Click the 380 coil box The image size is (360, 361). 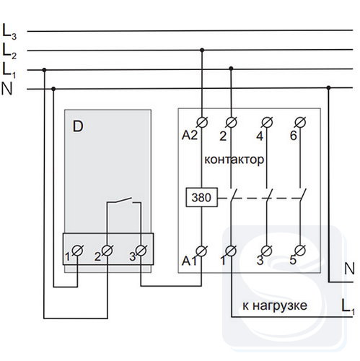tap(202, 197)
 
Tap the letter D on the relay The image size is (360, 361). tap(78, 126)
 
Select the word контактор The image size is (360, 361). tap(234, 160)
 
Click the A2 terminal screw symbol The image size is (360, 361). tap(202, 122)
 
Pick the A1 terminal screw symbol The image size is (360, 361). tap(201, 251)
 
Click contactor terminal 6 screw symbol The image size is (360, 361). tap(300, 122)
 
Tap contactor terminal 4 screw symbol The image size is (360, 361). tap(267, 122)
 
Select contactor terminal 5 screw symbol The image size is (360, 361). tap(300, 251)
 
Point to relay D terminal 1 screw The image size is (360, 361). tap(77, 251)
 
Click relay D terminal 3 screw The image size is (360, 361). tap(141, 251)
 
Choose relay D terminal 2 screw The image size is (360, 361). tap(107, 251)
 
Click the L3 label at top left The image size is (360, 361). tap(9, 32)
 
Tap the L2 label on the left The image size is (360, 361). tap(9, 51)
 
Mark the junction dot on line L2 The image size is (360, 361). tap(202, 50)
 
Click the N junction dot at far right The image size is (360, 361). tap(328, 88)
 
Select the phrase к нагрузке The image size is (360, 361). tap(275, 305)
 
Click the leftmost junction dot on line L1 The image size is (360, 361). tap(44, 70)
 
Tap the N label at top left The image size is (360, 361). tap(6, 89)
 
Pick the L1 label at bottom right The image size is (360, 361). tap(348, 307)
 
